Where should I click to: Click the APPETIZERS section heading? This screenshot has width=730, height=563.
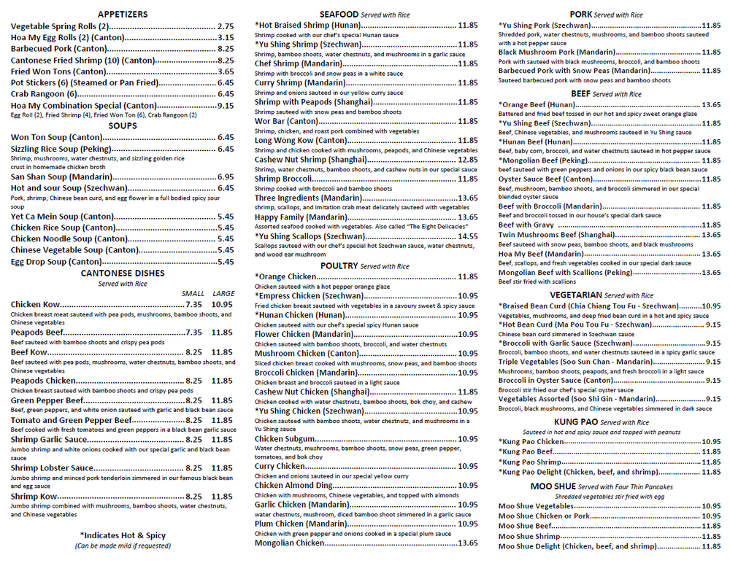(x=123, y=14)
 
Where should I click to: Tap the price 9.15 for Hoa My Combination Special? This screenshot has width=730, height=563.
(x=226, y=106)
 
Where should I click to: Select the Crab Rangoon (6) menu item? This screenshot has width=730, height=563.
(x=44, y=94)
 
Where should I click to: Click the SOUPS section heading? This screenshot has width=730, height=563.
(x=123, y=125)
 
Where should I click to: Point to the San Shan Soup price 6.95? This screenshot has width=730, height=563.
(x=226, y=176)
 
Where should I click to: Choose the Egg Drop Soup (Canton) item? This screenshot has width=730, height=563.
(x=56, y=262)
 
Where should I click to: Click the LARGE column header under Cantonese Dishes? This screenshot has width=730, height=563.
(x=223, y=293)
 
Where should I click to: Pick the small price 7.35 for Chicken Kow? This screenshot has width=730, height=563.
(x=193, y=305)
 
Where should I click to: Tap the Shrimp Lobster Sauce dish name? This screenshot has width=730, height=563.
(x=53, y=468)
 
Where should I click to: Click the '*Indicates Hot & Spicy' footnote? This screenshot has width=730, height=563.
(x=123, y=535)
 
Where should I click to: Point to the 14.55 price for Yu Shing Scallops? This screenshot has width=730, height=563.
(x=468, y=236)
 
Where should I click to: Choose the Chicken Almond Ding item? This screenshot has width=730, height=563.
(x=293, y=486)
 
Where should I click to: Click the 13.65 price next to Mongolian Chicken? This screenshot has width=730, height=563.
(x=468, y=543)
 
